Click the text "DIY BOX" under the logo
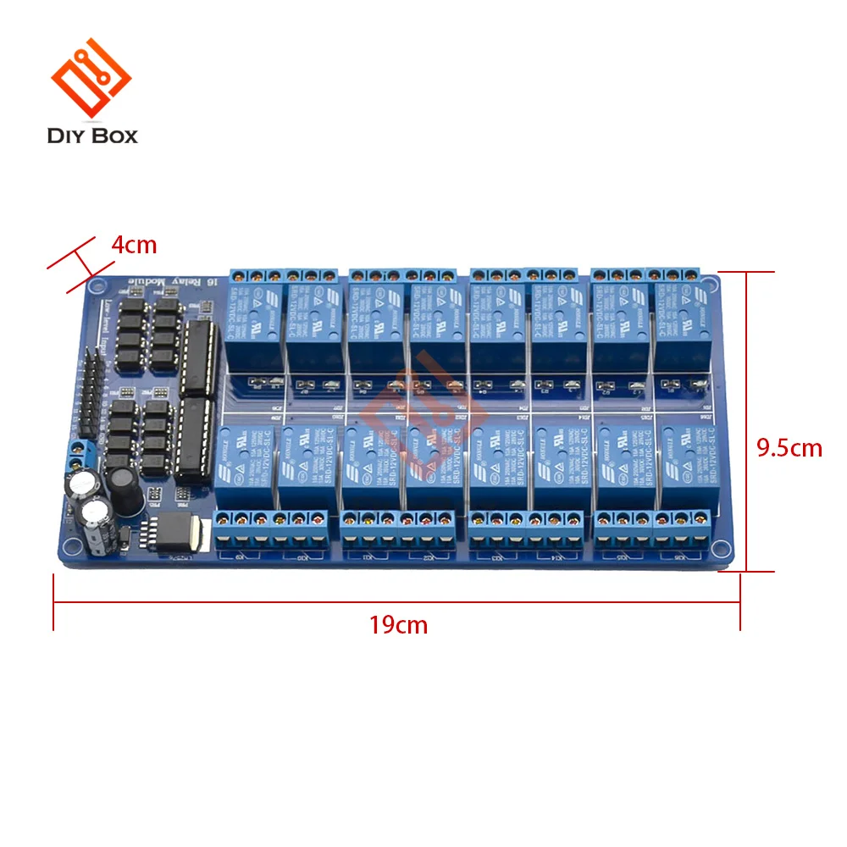[93, 135]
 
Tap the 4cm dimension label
[134, 246]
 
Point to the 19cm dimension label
[398, 626]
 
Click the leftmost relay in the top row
[254, 326]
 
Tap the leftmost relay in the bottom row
[243, 468]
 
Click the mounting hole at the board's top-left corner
[96, 283]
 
